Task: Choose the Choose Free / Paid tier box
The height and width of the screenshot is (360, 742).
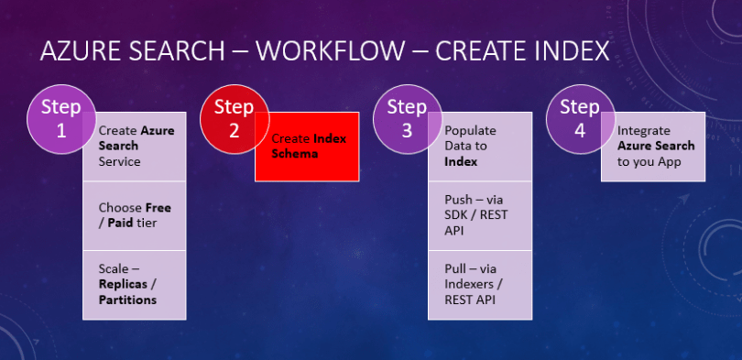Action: point(135,215)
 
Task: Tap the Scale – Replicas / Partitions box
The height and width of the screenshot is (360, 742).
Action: point(135,284)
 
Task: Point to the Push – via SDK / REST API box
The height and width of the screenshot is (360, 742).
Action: point(480,215)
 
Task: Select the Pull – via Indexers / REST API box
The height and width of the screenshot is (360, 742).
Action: point(480,284)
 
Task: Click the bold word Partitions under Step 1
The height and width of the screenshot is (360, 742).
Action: point(127,300)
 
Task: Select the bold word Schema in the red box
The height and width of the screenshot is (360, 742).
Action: point(294,154)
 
